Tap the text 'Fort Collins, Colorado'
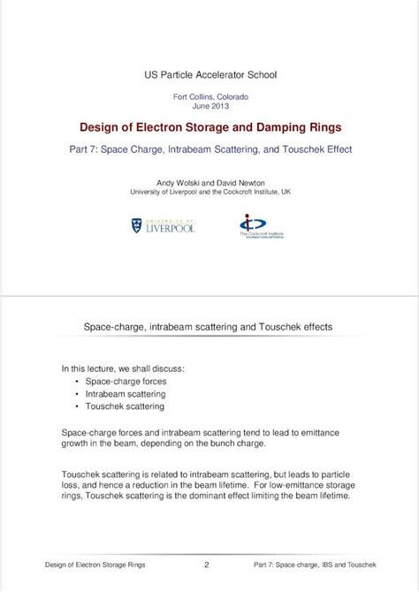[x=209, y=96]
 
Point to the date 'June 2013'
[x=209, y=106]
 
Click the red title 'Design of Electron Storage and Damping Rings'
[x=209, y=127]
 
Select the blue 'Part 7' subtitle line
[x=209, y=149]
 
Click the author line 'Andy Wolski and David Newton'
[x=209, y=181]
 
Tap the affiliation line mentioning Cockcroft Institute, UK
[x=209, y=191]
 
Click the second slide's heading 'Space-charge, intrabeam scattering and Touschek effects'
[x=208, y=327]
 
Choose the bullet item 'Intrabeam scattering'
[x=126, y=393]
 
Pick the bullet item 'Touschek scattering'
[x=125, y=406]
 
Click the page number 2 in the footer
[x=207, y=564]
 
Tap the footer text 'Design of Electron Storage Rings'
[x=95, y=564]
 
